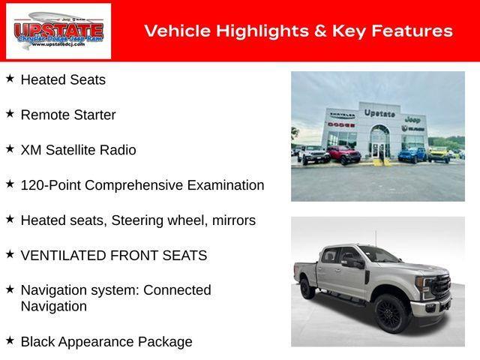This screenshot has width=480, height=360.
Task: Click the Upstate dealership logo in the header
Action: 58,31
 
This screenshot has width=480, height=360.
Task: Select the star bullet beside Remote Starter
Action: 10,114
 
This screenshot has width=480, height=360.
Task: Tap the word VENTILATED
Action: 62,256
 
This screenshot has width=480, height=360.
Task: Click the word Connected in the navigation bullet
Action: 177,290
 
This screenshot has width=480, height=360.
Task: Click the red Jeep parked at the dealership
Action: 343,155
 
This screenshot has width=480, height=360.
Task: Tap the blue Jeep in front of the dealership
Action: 412,154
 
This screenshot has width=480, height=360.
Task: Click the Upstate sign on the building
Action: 379,113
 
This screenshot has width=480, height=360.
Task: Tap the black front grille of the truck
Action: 441,287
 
